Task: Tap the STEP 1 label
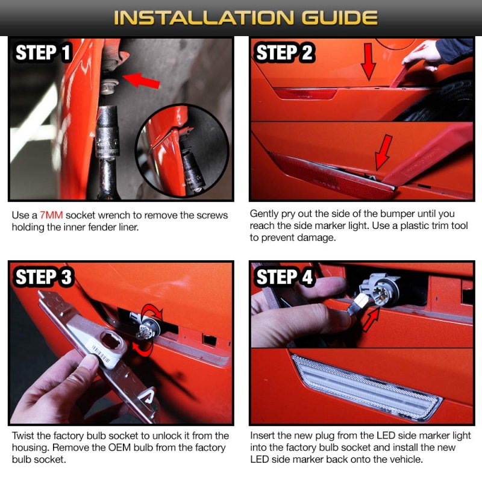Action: click(43, 52)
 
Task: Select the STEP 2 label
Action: click(284, 52)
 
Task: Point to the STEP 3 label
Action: click(43, 277)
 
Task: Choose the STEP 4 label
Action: click(284, 277)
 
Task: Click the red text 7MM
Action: click(51, 215)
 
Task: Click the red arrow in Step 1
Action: click(142, 80)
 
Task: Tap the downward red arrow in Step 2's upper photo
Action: click(368, 61)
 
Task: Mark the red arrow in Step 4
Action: click(371, 320)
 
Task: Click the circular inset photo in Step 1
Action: click(183, 151)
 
